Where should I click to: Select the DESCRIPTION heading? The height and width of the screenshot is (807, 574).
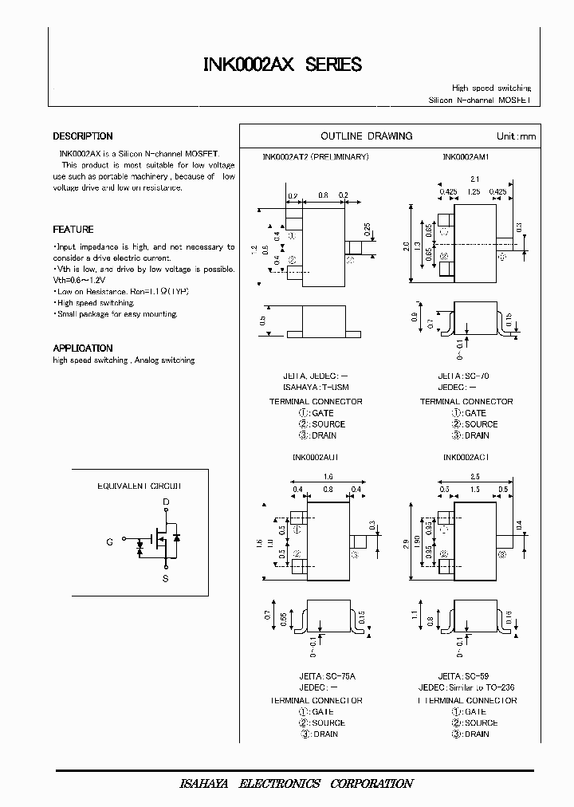pyautogui.click(x=83, y=136)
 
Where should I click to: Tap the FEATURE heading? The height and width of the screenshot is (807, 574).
pyautogui.click(x=73, y=230)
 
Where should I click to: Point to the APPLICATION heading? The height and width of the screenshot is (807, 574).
pyautogui.click(x=83, y=348)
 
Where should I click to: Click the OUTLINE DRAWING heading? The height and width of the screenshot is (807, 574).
pyautogui.click(x=367, y=136)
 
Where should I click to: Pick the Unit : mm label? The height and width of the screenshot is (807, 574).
pyautogui.click(x=517, y=136)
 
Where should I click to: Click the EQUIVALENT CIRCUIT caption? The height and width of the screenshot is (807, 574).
pyautogui.click(x=140, y=486)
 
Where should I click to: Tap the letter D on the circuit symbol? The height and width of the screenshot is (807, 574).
pyautogui.click(x=166, y=502)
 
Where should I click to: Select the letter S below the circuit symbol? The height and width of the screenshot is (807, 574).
pyautogui.click(x=166, y=580)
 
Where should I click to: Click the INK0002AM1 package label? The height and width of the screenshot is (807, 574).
pyautogui.click(x=466, y=157)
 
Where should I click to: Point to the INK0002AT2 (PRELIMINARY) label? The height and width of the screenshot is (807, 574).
pyautogui.click(x=316, y=157)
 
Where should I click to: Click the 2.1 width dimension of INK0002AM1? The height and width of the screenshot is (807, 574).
pyautogui.click(x=474, y=179)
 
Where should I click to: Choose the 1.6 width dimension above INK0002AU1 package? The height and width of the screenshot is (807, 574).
pyautogui.click(x=328, y=476)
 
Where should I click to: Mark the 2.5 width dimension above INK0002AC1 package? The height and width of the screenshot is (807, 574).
pyautogui.click(x=475, y=476)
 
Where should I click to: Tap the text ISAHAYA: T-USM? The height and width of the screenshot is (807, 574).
pyautogui.click(x=316, y=388)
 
